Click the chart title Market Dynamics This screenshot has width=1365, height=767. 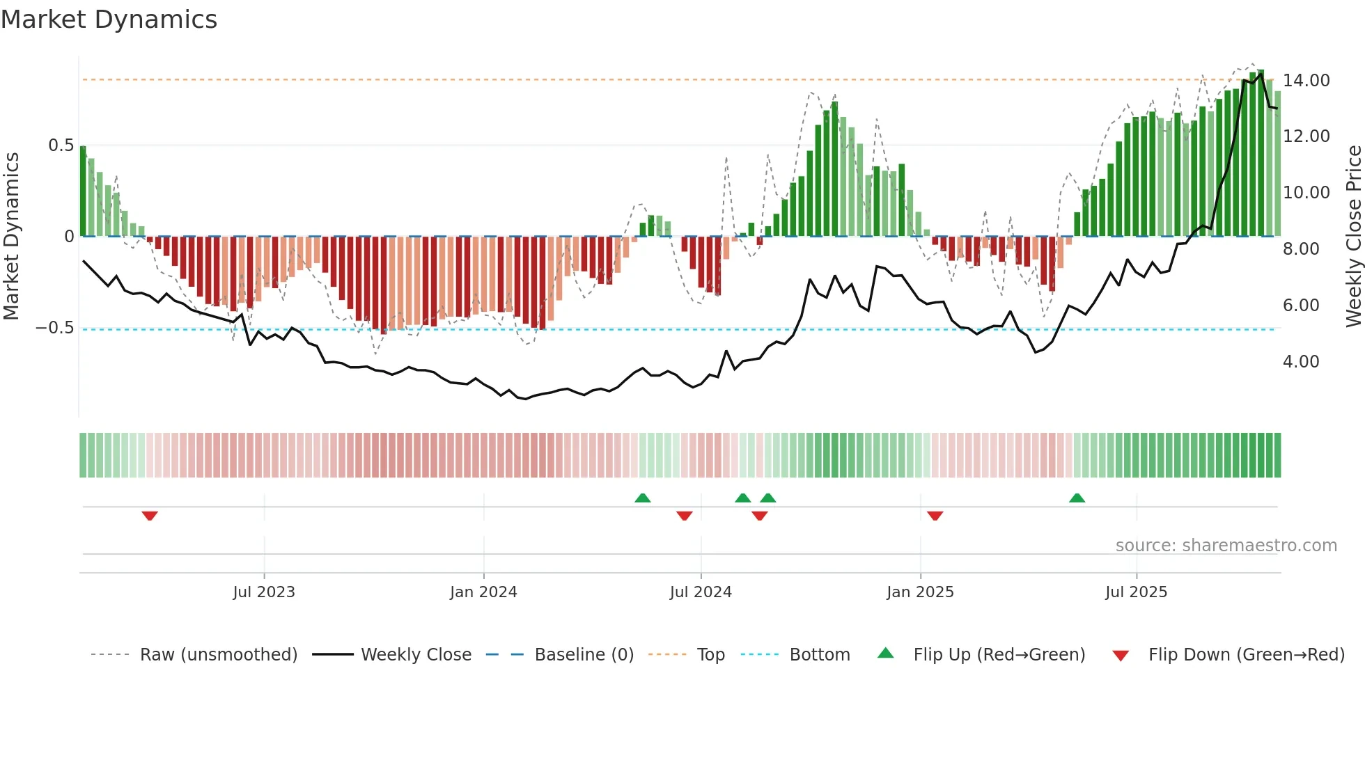pyautogui.click(x=109, y=19)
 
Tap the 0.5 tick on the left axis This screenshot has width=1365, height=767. pyautogui.click(x=61, y=145)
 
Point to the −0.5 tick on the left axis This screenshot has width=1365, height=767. pyautogui.click(x=55, y=328)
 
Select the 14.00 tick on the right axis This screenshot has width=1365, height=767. pyautogui.click(x=1306, y=81)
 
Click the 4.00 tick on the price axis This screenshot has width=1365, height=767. pyautogui.click(x=1300, y=362)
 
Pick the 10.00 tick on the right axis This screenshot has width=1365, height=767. pyautogui.click(x=1306, y=193)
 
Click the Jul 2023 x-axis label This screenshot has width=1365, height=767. pyautogui.click(x=264, y=592)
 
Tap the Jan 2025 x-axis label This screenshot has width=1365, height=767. pyautogui.click(x=920, y=592)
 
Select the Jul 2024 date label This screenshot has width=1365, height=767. pyautogui.click(x=701, y=592)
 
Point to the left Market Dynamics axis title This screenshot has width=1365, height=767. pyautogui.click(x=11, y=237)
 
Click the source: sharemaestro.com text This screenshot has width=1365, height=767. pyautogui.click(x=1226, y=546)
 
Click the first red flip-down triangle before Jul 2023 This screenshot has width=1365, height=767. pyautogui.click(x=150, y=516)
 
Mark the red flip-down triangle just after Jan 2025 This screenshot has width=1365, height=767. pyautogui.click(x=935, y=516)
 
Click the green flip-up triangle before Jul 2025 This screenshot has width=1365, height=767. pyautogui.click(x=1077, y=498)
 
